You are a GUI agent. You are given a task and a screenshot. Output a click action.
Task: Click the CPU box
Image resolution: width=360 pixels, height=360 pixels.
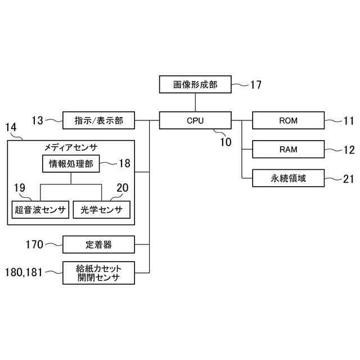click(x=195, y=120)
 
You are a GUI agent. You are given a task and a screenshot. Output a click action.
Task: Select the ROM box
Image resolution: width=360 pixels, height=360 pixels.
click(x=288, y=120)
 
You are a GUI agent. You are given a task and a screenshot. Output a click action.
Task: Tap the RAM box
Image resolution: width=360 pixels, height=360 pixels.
click(x=288, y=150)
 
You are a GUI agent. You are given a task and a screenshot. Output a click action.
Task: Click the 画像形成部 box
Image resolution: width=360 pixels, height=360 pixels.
click(x=195, y=85)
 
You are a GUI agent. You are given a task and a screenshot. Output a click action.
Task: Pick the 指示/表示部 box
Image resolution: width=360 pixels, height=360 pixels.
click(x=99, y=120)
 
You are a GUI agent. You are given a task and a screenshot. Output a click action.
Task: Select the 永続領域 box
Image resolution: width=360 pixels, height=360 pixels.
click(x=288, y=179)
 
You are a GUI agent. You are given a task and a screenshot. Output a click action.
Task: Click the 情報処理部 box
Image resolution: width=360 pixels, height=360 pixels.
click(x=71, y=164)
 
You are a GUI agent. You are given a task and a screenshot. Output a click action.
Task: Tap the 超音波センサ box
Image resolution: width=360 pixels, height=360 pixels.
click(x=40, y=210)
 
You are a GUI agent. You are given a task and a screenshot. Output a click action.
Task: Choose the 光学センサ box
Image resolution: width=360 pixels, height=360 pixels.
click(x=102, y=210)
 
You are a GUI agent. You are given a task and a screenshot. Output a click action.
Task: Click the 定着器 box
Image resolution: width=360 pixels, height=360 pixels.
click(x=99, y=245)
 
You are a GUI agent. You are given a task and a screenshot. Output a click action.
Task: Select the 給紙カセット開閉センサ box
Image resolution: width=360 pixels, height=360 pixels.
click(x=99, y=273)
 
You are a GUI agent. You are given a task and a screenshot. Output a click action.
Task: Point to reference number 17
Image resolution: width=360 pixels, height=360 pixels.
click(x=255, y=85)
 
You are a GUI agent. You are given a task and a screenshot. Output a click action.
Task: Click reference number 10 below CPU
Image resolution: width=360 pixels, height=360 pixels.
click(x=225, y=142)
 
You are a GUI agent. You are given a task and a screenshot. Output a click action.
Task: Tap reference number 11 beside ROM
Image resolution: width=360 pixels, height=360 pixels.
click(x=349, y=120)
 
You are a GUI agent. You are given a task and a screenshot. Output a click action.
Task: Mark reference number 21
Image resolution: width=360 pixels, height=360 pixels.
click(x=349, y=179)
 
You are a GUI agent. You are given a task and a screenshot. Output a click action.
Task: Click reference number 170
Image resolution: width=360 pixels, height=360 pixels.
click(x=35, y=245)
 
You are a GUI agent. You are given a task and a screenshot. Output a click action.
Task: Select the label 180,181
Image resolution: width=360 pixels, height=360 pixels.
click(x=24, y=272)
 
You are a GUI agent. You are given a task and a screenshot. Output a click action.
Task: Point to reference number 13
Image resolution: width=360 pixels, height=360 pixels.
click(x=38, y=120)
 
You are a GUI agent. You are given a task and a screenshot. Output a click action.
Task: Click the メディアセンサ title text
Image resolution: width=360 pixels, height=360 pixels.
click(x=71, y=147)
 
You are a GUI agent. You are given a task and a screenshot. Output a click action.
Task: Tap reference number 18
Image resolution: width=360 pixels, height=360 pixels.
click(x=124, y=164)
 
